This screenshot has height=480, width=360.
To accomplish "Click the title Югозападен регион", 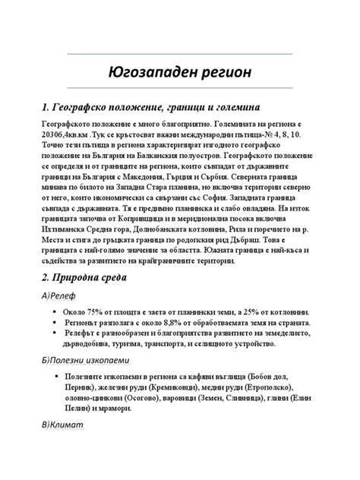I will (x=179, y=74).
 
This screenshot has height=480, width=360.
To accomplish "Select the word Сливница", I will (x=257, y=396).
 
